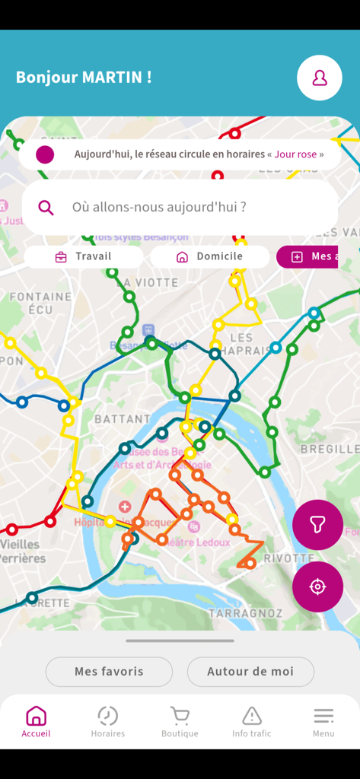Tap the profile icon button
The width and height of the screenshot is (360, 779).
pyautogui.click(x=320, y=78)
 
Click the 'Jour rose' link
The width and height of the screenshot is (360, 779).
pyautogui.click(x=295, y=154)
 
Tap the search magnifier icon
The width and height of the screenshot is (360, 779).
pyautogui.click(x=46, y=207)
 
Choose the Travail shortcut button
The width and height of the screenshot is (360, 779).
pyautogui.click(x=84, y=256)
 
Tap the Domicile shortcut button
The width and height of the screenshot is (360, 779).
pyautogui.click(x=210, y=256)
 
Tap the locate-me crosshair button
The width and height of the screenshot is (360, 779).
pyautogui.click(x=317, y=587)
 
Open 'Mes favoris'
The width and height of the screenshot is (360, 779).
pyautogui.click(x=109, y=672)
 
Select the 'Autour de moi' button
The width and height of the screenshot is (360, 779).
pyautogui.click(x=250, y=672)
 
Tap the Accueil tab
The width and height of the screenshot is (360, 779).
pyautogui.click(x=36, y=722)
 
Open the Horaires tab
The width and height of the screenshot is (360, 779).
pyautogui.click(x=108, y=722)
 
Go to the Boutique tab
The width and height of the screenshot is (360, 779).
pyautogui.click(x=180, y=722)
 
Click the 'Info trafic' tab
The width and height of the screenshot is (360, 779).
pyautogui.click(x=251, y=722)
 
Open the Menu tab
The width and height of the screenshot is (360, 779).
pyautogui.click(x=323, y=722)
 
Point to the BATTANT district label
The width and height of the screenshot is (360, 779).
pyautogui.click(x=122, y=419)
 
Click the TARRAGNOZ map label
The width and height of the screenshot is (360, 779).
pyautogui.click(x=245, y=613)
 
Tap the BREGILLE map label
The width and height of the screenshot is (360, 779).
pyautogui.click(x=329, y=449)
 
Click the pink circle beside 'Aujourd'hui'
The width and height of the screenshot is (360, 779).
pyautogui.click(x=45, y=154)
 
